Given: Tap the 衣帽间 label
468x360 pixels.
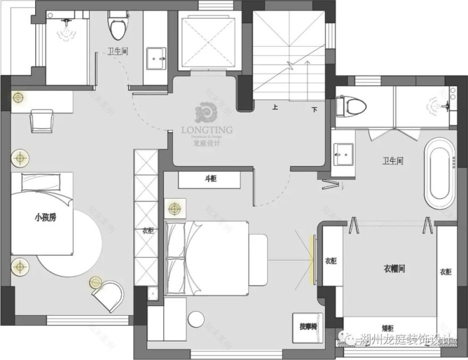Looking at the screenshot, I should coord(394,269).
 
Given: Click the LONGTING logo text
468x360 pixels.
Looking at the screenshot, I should coord(206,129).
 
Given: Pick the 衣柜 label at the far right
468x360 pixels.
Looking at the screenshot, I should coord(445,272).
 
